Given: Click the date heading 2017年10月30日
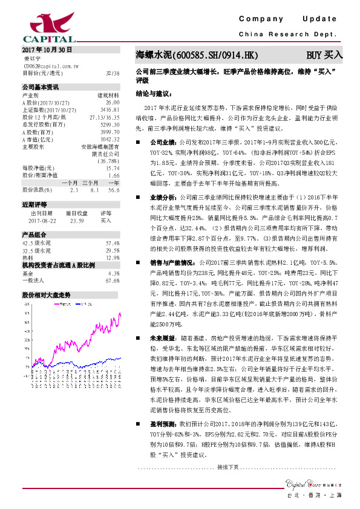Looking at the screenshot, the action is click(47, 50).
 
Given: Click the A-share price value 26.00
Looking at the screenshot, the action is click(113, 103).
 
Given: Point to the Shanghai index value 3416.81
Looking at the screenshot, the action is click(110, 109).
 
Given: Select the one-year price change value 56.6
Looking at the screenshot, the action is click(113, 189).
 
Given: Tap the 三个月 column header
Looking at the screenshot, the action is click(91, 182).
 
